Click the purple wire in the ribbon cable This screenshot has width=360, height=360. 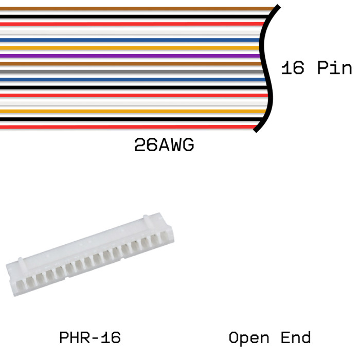[129, 56]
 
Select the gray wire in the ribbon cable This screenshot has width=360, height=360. [129, 71]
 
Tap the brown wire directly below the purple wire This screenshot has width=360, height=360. [129, 63]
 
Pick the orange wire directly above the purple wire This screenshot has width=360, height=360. [129, 48]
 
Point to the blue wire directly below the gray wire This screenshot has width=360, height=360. [129, 80]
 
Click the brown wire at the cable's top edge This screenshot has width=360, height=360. [129, 8]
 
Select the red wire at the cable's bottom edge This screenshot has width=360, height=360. [129, 127]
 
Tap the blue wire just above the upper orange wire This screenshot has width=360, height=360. [129, 40]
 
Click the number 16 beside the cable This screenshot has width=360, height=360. [293, 68]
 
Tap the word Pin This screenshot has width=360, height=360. [334, 68]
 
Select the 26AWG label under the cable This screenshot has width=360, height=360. [164, 146]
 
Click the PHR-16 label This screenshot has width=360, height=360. [90, 338]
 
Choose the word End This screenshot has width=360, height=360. [296, 338]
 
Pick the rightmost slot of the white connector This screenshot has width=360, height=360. [164, 238]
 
